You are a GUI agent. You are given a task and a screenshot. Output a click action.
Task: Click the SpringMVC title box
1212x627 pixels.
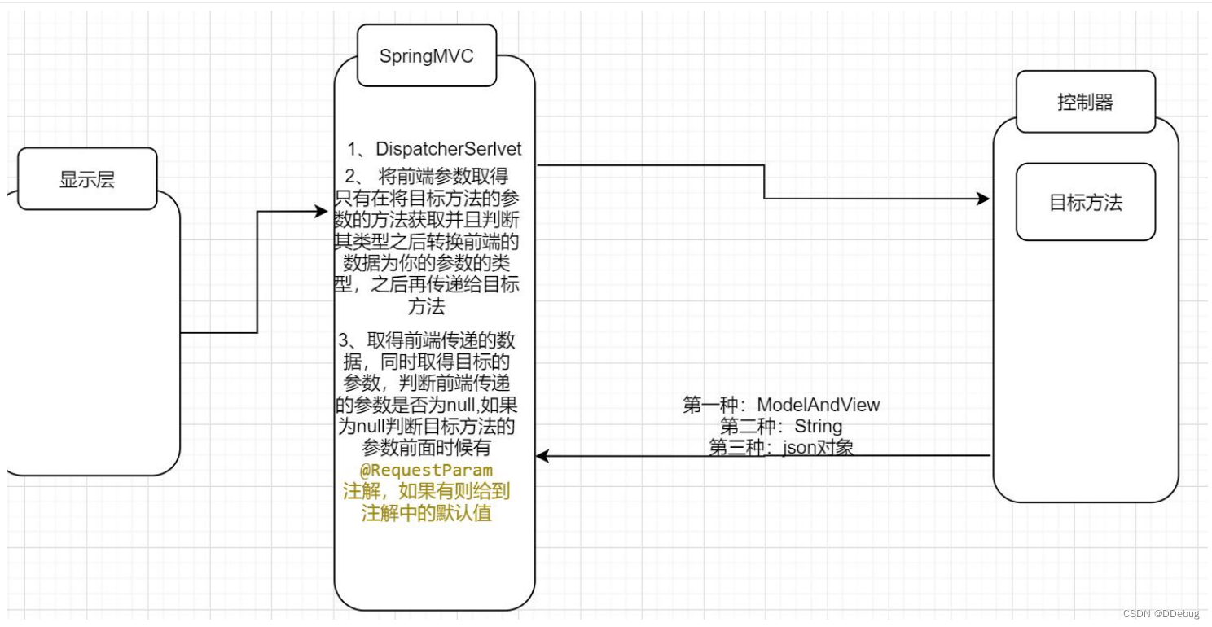click(426, 56)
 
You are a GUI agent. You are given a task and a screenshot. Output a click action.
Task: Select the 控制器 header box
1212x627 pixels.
click(1085, 103)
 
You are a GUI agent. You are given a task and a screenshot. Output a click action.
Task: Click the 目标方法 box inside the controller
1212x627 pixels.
click(1085, 202)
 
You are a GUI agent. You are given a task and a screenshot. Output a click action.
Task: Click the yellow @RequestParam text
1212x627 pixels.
click(427, 471)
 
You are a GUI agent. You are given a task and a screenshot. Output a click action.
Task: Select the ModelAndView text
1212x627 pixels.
click(819, 405)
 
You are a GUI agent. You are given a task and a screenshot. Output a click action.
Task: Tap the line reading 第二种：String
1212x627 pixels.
click(781, 426)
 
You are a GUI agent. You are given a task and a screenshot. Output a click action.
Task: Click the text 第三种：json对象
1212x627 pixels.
click(781, 447)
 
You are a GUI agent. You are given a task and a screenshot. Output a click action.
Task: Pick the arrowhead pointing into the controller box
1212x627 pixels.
click(984, 199)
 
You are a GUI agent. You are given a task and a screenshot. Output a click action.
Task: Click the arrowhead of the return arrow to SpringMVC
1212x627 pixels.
click(542, 457)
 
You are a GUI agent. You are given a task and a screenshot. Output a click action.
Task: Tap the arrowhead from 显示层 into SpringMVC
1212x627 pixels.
click(321, 212)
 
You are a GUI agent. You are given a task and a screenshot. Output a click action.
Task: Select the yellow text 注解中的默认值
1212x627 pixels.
click(427, 514)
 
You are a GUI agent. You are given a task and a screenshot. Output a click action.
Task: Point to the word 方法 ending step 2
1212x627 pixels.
click(427, 306)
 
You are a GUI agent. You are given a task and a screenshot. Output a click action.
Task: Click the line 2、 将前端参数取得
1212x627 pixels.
click(428, 177)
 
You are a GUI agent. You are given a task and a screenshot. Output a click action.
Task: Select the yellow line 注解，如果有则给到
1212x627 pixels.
click(427, 493)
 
